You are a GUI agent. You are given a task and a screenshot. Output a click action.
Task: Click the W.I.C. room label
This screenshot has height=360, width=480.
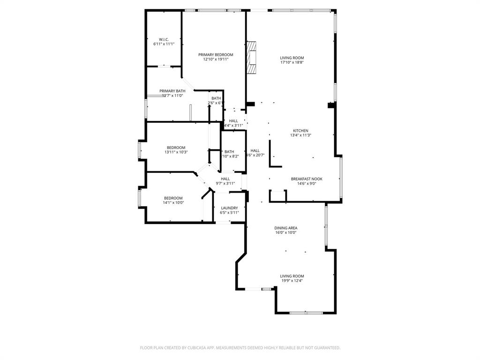pos(164,39)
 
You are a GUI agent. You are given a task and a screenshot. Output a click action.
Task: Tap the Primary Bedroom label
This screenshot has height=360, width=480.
pos(216,55)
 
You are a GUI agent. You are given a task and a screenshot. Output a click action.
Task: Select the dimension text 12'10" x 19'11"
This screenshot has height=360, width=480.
pos(216,60)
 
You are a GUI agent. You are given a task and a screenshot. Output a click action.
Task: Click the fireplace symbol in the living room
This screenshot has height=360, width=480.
pos(253,58)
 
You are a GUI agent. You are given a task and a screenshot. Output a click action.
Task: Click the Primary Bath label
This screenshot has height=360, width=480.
pos(172,91)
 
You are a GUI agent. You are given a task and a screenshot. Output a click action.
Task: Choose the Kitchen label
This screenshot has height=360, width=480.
pos(300,131)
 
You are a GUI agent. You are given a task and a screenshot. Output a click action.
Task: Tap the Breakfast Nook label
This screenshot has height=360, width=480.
pos(307,179)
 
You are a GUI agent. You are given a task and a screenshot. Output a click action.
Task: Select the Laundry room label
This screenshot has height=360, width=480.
pos(229,208)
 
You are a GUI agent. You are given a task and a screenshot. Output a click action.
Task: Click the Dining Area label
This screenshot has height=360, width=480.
pos(285,228)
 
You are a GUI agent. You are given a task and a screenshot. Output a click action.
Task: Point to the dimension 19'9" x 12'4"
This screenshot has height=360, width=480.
pos(292,281)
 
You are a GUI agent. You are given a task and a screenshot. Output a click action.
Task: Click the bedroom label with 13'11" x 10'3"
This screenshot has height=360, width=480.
pos(176,147)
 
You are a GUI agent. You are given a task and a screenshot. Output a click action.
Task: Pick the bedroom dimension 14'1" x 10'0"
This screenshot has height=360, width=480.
pos(173,203)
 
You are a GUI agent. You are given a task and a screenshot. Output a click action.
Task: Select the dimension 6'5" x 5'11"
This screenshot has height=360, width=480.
pos(229,212)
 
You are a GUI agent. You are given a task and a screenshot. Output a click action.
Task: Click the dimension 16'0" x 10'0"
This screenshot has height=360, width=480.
pos(285,232)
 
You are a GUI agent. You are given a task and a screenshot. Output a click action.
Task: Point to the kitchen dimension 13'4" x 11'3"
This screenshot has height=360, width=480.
pos(300,135)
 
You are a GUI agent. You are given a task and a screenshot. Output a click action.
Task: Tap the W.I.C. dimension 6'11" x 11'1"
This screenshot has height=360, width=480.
pos(164,44)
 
